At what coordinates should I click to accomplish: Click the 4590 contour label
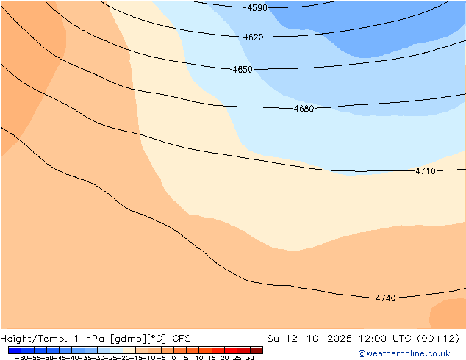coord(257,8)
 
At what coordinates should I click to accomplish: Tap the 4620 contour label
coord(253,37)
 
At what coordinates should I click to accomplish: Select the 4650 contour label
coord(243,70)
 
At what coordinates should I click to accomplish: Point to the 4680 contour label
coord(304,109)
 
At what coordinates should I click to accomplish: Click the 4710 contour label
coord(426,171)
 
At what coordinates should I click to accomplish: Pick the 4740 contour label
coord(385,298)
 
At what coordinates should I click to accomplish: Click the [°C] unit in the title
coord(155,339)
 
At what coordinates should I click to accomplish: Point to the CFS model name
coord(182,339)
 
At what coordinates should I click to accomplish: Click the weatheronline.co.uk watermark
coord(394,353)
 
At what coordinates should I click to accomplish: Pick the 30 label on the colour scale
coord(250,358)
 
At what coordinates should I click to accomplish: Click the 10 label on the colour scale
coord(199,358)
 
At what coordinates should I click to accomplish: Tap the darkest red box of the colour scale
coord(256,350)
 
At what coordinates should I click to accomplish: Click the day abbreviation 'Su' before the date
coord(273,339)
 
